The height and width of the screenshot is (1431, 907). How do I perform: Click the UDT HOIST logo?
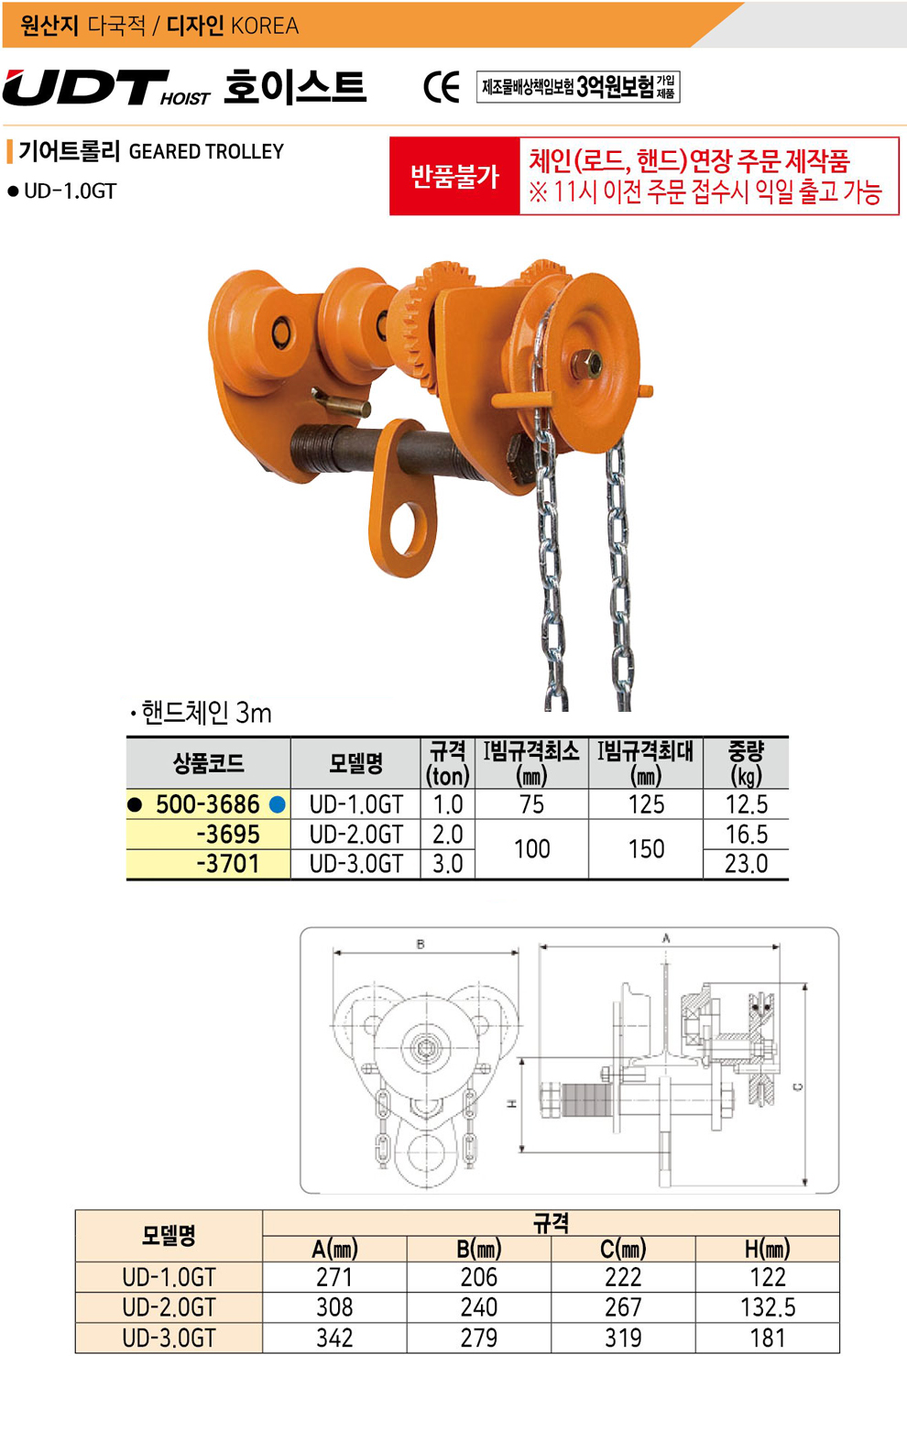click(x=106, y=88)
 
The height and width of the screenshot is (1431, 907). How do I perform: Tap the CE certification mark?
click(x=442, y=88)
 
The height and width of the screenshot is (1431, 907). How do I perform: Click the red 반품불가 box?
click(x=454, y=176)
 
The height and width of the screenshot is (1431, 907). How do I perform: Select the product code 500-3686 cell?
click(x=208, y=804)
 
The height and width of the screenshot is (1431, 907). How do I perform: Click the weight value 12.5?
click(x=746, y=804)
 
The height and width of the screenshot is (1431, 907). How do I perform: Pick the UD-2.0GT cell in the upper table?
click(x=355, y=835)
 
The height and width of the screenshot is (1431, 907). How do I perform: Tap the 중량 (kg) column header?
click(x=746, y=763)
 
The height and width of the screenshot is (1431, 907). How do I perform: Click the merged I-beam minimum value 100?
click(x=532, y=849)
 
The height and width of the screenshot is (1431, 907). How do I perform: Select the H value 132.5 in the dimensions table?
click(x=768, y=1307)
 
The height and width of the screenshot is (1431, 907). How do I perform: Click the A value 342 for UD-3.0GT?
click(x=334, y=1338)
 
